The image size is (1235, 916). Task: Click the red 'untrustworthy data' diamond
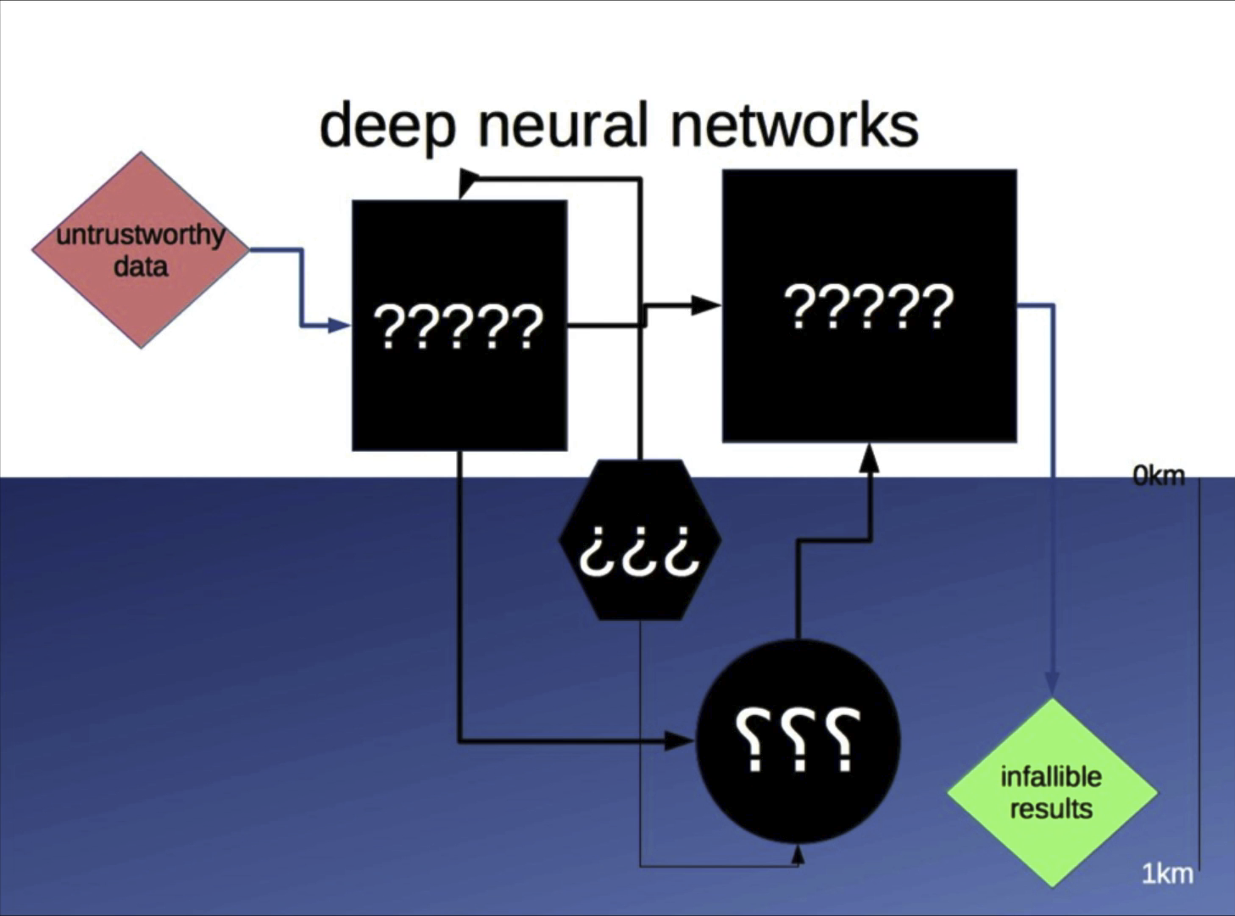point(141,250)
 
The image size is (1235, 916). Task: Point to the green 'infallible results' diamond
point(1053,792)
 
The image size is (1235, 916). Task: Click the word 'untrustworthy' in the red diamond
point(141,236)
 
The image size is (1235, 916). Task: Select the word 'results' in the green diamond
point(1051,809)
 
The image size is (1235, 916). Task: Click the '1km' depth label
point(1168,874)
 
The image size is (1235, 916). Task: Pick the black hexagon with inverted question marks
point(640,540)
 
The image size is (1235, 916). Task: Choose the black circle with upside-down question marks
point(798,741)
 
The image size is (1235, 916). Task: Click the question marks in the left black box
point(459,327)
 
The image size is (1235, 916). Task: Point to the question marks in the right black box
point(869,307)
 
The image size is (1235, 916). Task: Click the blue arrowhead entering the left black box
point(339,326)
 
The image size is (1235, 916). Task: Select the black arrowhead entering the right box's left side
point(706,304)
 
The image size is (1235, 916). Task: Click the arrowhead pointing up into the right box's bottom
point(869,458)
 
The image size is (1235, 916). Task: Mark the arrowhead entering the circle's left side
point(680,741)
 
